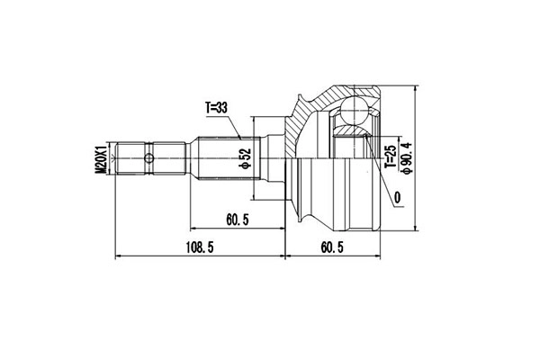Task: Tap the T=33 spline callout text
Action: pos(217,108)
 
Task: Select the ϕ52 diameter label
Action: pos(247,158)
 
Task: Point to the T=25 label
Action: pos(391,157)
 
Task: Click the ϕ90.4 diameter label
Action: pos(407,158)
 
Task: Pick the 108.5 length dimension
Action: pos(200,247)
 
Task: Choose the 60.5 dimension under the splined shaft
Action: pos(238,220)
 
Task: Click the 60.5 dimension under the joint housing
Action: pos(332,247)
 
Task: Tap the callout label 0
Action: pos(398,198)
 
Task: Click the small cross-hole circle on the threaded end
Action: pos(148,158)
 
